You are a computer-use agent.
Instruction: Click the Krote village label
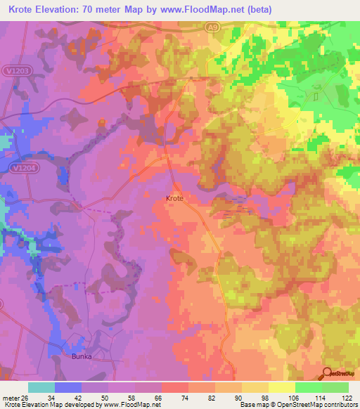tap(174, 199)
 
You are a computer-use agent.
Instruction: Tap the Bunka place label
tap(82, 356)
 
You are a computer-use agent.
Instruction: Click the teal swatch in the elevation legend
tap(41, 387)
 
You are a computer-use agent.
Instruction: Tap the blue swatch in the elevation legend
tap(68, 387)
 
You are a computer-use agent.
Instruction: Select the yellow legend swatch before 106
tap(282, 387)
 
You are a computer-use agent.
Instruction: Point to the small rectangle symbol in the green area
tap(316, 96)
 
